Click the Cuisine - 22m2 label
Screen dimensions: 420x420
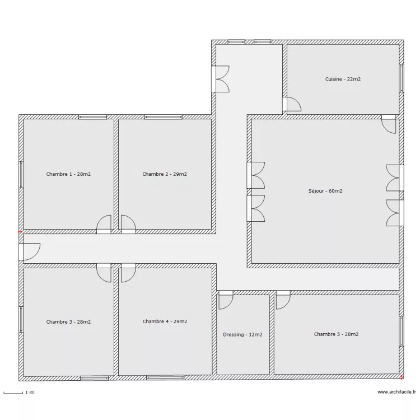[x=343, y=80]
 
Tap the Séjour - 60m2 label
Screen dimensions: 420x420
[x=325, y=191]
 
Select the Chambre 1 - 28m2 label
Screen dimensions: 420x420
[x=68, y=174]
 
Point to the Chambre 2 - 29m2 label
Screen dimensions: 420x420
[x=165, y=174]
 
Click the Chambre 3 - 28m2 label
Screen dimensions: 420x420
[x=68, y=322]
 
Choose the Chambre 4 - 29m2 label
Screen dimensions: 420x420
[x=165, y=321]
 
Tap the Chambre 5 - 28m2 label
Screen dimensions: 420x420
[x=336, y=334]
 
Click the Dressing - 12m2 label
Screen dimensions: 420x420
[x=242, y=335]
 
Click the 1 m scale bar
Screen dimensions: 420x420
[x=15, y=393]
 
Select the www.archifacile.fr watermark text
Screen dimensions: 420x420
[x=396, y=393]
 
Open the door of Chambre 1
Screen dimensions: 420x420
[x=104, y=225]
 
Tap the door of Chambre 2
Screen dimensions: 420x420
[x=128, y=225]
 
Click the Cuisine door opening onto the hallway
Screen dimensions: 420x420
[x=291, y=104]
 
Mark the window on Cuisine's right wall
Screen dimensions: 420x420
[x=401, y=77]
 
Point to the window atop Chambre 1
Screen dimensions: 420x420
[x=92, y=117]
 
